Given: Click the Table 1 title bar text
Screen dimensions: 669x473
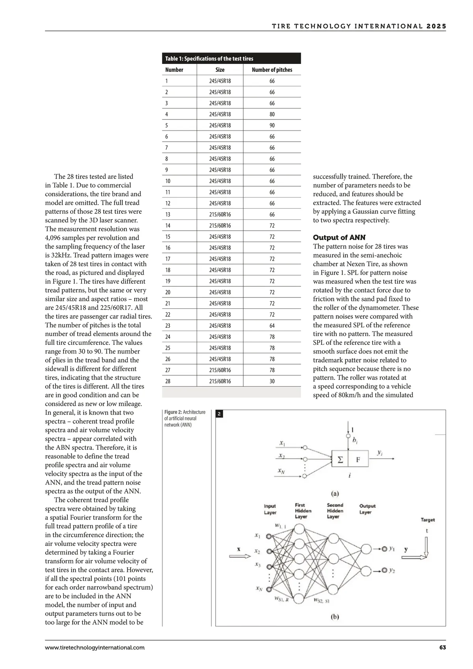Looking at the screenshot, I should (x=209, y=59).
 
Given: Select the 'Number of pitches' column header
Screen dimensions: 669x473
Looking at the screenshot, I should (x=272, y=70).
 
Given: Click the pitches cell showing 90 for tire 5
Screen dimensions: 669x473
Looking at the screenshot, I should (x=272, y=125).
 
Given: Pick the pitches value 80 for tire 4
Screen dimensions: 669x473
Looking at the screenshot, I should (x=272, y=114).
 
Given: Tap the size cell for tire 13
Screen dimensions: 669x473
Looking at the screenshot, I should (x=220, y=215).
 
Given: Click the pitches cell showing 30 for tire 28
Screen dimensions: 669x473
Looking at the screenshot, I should (x=272, y=381).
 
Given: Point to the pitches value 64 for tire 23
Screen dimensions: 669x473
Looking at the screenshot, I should (x=272, y=326).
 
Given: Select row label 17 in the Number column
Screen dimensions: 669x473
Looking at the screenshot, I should (x=168, y=259).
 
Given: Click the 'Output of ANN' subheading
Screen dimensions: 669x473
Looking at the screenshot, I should (x=339, y=237).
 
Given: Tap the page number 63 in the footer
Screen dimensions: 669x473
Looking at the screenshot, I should (x=442, y=647).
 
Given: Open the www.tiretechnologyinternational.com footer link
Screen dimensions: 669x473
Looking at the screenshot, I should (x=95, y=647).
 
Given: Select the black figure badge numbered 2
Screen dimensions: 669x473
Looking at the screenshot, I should (x=220, y=414).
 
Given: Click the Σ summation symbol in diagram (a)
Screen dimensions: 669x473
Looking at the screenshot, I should (x=340, y=460).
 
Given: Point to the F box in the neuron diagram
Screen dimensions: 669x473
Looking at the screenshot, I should (x=358, y=460).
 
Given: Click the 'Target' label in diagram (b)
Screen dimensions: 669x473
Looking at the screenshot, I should (x=428, y=520).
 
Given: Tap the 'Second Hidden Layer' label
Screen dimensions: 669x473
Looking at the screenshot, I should (x=335, y=510).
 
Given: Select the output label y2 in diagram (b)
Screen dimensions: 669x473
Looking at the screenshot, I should (x=391, y=571).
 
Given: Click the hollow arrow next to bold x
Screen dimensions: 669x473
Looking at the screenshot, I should (x=240, y=556).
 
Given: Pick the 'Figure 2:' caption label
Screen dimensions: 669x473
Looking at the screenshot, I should (x=173, y=412).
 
